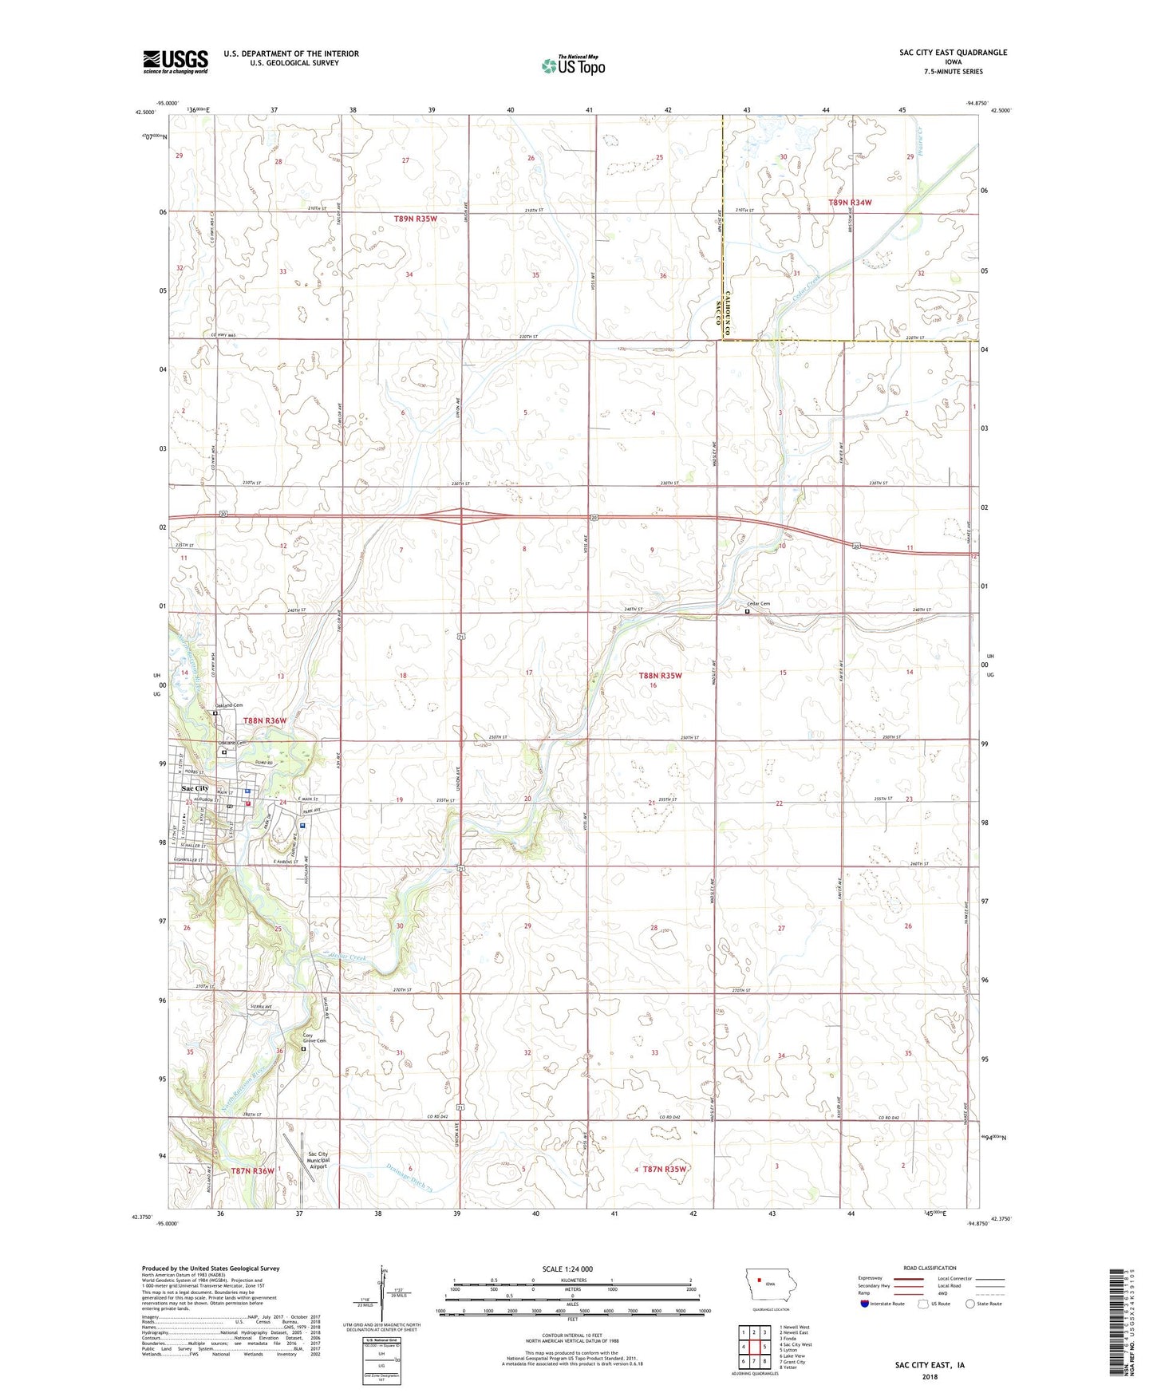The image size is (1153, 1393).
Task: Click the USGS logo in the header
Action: tap(176, 61)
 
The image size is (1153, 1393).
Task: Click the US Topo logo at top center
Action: tap(573, 65)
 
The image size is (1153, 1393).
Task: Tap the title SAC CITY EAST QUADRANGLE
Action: tap(953, 53)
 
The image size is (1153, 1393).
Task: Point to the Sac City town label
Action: tap(195, 788)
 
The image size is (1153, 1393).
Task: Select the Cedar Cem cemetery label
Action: tap(758, 604)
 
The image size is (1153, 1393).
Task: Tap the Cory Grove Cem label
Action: tap(314, 1038)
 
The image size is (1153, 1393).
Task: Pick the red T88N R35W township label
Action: tap(661, 675)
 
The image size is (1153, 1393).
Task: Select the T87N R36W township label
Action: tap(252, 1170)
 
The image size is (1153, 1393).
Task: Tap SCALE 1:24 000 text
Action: tap(567, 1269)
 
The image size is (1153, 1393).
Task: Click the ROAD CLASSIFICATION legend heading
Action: tap(930, 1268)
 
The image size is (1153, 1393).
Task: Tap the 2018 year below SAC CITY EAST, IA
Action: tap(930, 1376)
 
